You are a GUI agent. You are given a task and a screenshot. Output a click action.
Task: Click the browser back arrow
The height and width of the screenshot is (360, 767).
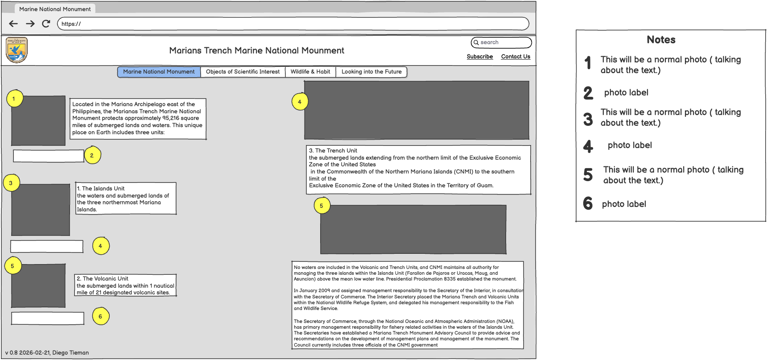pos(13,24)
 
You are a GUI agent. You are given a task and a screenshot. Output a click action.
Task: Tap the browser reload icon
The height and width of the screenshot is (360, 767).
pos(46,24)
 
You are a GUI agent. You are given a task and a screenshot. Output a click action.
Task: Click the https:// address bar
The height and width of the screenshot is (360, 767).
pos(293,24)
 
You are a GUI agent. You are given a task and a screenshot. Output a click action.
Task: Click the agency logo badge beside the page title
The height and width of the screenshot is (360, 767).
pos(16,50)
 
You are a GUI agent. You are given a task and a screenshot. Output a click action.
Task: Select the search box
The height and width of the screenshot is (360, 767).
pos(501,42)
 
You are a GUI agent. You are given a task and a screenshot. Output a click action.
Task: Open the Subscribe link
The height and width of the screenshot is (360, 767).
pos(479,57)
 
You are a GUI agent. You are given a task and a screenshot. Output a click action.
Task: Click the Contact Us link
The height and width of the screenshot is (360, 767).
pos(515,57)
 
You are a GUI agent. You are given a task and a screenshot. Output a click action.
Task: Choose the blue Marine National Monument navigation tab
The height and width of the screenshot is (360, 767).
pos(159,72)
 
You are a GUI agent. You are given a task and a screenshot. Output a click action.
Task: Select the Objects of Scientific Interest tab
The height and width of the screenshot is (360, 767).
pos(243,72)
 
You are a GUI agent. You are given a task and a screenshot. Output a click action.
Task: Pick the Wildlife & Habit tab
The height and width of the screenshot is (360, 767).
pos(310,72)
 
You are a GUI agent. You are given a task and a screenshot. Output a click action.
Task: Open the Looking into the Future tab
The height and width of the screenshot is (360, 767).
pos(371,72)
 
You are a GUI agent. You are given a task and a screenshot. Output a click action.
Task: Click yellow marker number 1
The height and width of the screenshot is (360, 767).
pos(14,99)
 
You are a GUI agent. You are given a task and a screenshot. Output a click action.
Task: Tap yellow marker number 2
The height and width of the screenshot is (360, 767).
pos(92,155)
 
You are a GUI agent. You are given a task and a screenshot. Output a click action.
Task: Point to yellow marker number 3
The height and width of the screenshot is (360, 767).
pos(11,183)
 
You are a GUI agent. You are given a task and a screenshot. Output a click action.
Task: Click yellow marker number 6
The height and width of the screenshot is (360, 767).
pos(101,316)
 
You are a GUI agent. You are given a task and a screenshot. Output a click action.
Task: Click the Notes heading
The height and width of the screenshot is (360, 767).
pos(661,40)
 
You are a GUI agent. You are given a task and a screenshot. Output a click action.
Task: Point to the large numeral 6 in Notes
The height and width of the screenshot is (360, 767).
pos(588,203)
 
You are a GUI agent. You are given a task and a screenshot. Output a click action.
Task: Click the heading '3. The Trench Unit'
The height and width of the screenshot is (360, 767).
pos(333,151)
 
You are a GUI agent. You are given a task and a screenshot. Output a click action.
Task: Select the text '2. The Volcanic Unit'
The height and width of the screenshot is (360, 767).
pos(103,279)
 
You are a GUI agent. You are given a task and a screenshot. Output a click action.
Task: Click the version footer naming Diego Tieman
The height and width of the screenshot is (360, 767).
pos(47,352)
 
